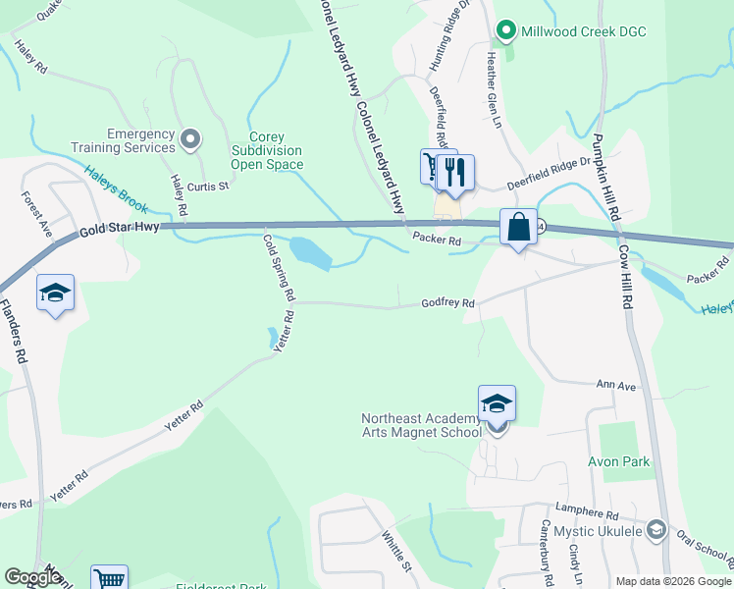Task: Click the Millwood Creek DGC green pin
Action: point(506,31)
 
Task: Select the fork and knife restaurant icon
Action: point(454,172)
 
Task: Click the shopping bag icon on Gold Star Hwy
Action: point(517,227)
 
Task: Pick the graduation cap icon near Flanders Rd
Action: point(55,293)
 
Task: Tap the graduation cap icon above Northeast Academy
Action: point(497,402)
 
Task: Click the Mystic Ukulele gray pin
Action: point(656,531)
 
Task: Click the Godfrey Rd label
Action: point(448,303)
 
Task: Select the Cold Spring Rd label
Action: point(279,266)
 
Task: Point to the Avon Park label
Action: point(619,461)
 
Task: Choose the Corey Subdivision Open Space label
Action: point(267,150)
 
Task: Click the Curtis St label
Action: point(208,185)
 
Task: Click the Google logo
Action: point(32,577)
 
